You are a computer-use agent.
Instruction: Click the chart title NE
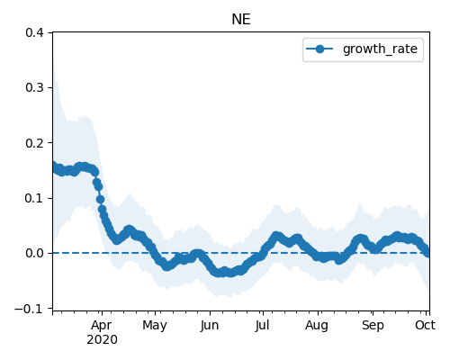241,20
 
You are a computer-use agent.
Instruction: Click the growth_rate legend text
380,49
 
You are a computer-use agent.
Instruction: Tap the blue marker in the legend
319,49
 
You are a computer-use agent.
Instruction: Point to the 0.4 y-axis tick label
35,32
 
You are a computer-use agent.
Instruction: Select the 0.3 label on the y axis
35,87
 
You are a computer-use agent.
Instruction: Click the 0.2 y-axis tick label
35,143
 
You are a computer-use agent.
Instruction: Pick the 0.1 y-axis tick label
35,198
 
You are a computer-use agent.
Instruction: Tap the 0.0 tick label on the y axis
35,253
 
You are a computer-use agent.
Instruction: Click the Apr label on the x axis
102,326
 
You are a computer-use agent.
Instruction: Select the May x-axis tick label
155,326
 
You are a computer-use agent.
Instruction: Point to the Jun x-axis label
210,326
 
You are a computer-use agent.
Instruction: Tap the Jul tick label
263,326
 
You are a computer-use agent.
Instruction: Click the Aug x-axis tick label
318,326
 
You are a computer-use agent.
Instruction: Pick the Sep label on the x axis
373,326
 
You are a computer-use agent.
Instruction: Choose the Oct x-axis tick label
426,326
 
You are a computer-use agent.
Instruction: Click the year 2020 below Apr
102,340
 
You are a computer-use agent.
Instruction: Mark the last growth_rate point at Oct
427,253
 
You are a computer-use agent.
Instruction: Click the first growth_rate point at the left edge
53,166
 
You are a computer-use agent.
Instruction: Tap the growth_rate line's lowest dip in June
220,273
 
